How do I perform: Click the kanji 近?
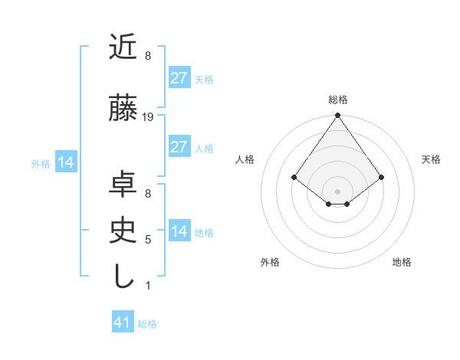(x=123, y=47)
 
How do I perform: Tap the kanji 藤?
(x=123, y=110)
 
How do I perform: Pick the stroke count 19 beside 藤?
(x=149, y=117)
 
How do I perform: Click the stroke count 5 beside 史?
(x=148, y=240)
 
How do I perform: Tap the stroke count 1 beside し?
(x=148, y=286)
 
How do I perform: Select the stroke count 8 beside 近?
(x=148, y=56)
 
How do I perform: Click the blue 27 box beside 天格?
(x=179, y=78)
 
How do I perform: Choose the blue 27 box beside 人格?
(x=179, y=147)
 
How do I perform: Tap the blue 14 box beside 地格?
(x=179, y=231)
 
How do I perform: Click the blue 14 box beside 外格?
(x=65, y=162)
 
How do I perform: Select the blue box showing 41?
(x=123, y=322)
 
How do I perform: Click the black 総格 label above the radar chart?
(x=338, y=100)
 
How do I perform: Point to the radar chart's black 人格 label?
(x=245, y=159)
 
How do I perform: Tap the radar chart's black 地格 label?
(x=402, y=263)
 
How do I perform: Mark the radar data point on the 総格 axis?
(x=338, y=116)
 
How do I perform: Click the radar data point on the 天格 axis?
(x=382, y=177)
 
